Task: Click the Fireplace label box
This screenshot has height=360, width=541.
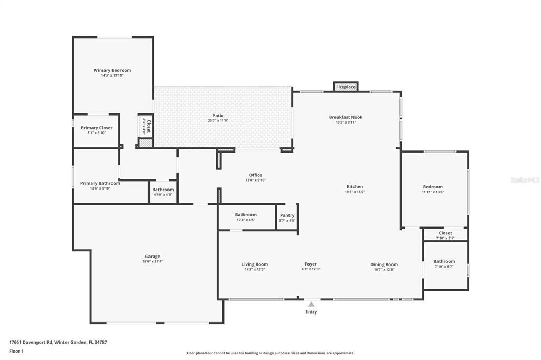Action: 346,87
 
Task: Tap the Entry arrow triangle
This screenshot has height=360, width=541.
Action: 311,304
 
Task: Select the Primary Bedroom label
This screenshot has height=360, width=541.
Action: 112,70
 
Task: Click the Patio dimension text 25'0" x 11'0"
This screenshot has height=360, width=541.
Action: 218,121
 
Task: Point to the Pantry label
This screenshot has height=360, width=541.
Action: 287,215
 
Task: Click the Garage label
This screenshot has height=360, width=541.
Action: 152,257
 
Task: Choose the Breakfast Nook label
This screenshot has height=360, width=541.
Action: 346,117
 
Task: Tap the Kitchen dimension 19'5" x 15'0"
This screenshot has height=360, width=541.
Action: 355,192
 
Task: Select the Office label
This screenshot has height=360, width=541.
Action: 255,175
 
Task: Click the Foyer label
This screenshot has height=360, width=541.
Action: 311,264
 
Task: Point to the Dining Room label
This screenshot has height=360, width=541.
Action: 384,264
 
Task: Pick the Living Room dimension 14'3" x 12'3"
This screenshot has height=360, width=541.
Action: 255,269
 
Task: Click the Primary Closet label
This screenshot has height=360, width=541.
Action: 96,128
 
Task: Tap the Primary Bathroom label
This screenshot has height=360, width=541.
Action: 100,183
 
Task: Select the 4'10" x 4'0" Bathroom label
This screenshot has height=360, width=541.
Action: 163,190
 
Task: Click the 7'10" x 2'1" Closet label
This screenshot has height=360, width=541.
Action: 445,233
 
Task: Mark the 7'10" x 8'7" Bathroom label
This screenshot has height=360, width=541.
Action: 444,261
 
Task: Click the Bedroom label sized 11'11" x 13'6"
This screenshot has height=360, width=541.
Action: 432,187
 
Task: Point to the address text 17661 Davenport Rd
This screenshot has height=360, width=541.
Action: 58,342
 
